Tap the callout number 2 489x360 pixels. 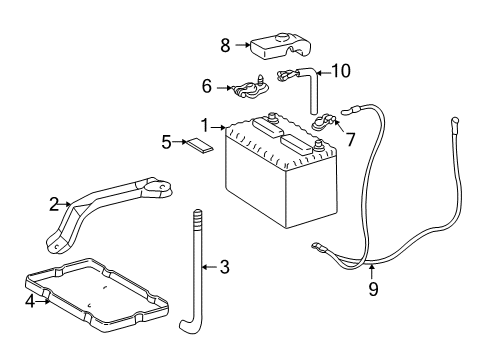click(54, 203)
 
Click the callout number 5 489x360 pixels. click(166, 142)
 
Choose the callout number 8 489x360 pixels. click(225, 45)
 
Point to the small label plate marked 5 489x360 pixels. click(198, 144)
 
